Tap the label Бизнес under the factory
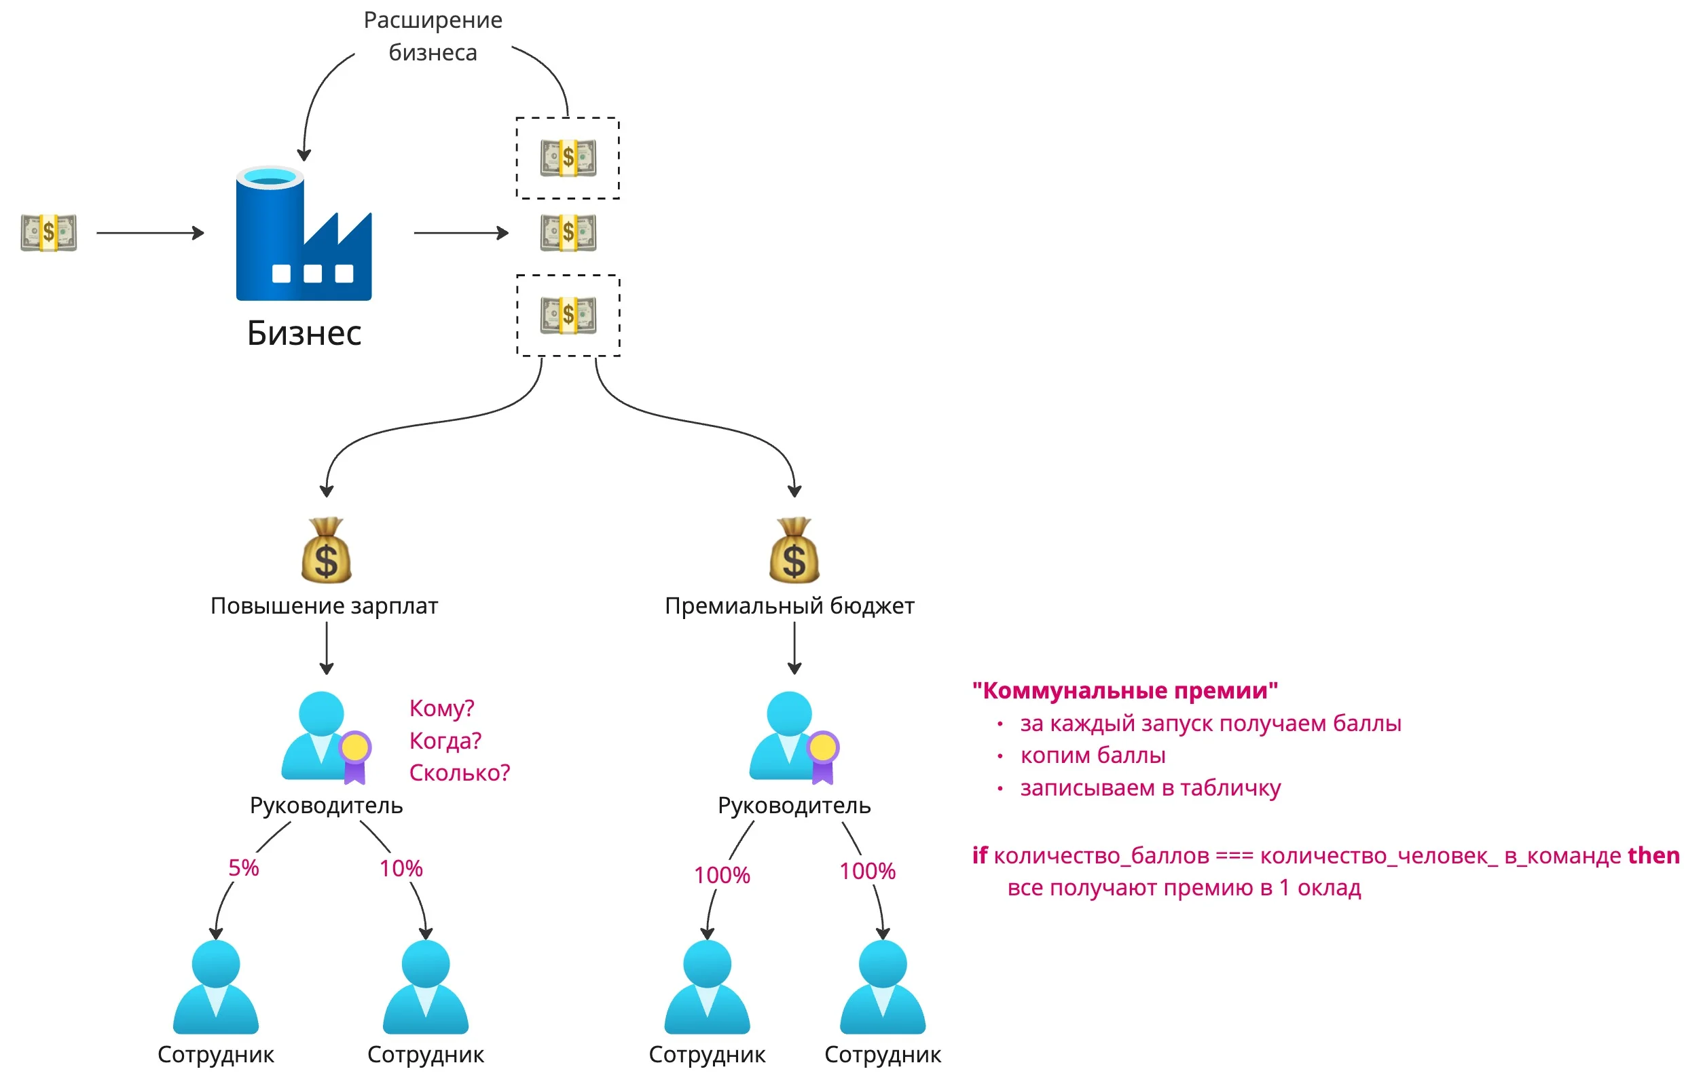pyautogui.click(x=304, y=333)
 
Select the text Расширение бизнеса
pyautogui.click(x=433, y=36)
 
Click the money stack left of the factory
pyautogui.click(x=49, y=232)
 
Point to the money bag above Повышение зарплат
pyautogui.click(x=326, y=551)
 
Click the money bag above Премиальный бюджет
pyautogui.click(x=794, y=551)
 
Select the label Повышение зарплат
pyautogui.click(x=324, y=606)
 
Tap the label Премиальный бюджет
pyautogui.click(x=789, y=606)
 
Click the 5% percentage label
pyautogui.click(x=243, y=868)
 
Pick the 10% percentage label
pyautogui.click(x=401, y=868)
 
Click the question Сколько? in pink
pyautogui.click(x=460, y=773)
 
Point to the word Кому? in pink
pyautogui.click(x=441, y=708)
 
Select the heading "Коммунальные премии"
pyautogui.click(x=1124, y=690)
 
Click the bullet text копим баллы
pyautogui.click(x=1093, y=755)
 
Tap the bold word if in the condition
pyautogui.click(x=980, y=855)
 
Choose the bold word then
pyautogui.click(x=1653, y=855)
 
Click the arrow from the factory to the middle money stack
pyautogui.click(x=460, y=233)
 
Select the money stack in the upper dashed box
pyautogui.click(x=568, y=157)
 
